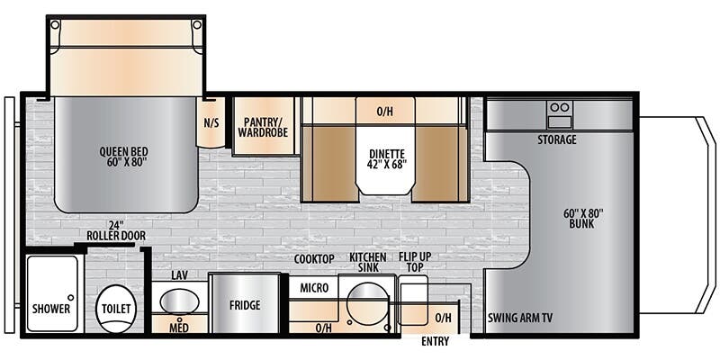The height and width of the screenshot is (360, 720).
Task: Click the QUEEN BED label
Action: point(124,156)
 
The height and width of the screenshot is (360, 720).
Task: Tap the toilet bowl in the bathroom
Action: point(116,309)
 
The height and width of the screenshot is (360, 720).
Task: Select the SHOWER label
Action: point(51,309)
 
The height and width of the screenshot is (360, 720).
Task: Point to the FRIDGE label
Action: point(245,305)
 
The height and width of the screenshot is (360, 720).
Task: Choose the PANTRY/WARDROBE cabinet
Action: point(264,125)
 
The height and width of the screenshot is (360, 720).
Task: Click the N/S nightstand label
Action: point(211,123)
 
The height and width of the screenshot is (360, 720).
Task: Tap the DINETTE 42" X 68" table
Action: point(386,160)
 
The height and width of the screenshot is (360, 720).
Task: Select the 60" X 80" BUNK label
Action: point(583,219)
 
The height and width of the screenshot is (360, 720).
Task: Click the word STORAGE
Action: point(557,139)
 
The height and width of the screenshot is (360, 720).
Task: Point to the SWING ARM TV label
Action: point(520,318)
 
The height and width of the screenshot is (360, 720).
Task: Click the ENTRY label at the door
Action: point(436,341)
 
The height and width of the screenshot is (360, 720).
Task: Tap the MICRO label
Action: point(314,288)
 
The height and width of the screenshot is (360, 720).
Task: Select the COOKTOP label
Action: point(314,259)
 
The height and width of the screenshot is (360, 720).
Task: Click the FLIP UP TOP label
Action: point(415,262)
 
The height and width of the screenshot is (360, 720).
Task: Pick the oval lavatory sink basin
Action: point(179,302)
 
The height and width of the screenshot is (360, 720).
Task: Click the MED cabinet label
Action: point(178,328)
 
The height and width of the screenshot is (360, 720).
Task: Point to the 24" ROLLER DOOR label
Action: point(116,231)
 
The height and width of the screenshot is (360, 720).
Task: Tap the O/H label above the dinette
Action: point(385,111)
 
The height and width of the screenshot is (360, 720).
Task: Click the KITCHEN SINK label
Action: point(368,262)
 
